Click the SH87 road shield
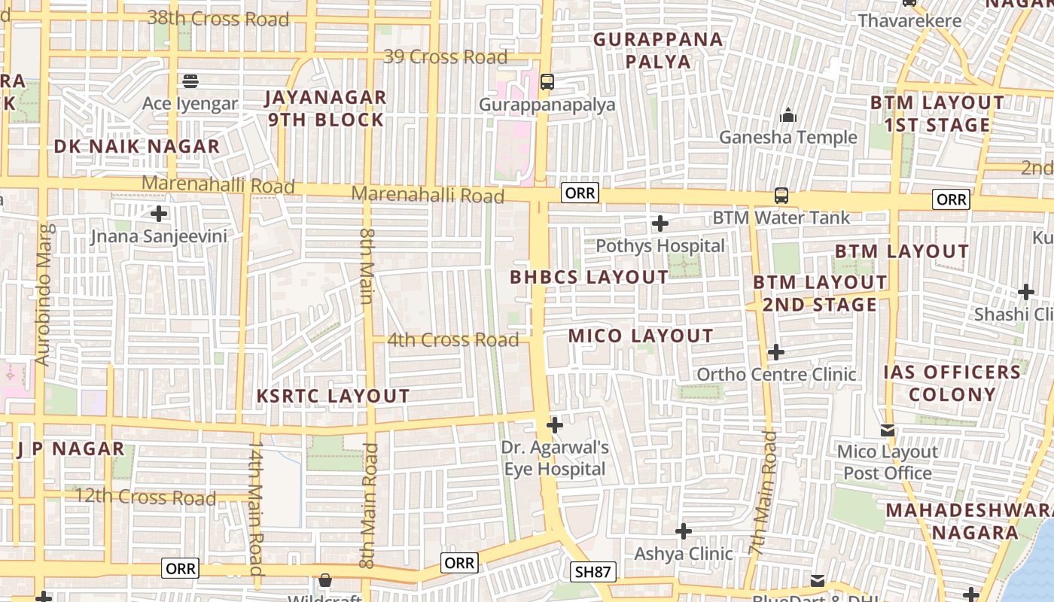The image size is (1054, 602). pos(592,572)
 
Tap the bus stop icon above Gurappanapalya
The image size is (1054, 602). pos(547,81)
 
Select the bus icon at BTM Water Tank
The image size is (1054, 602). pos(781,196)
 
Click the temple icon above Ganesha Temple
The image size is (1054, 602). pos(788,115)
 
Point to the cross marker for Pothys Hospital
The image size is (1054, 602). pos(660,223)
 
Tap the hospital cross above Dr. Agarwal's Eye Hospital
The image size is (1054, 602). pos(555,425)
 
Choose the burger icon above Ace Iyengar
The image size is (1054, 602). pos(190,81)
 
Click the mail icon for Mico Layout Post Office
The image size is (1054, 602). pos(888,430)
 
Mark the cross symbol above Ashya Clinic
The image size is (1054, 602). pos(683,532)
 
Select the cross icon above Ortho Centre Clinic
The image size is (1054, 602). pos(776,352)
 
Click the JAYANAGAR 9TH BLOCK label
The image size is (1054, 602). pos(326,108)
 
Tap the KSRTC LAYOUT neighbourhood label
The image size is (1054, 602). pos(334,397)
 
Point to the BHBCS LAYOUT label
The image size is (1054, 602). pos(589,277)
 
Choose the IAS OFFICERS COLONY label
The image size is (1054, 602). pos(952,383)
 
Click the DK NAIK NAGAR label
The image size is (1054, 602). pos(137,146)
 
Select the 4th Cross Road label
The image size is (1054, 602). pos(452,340)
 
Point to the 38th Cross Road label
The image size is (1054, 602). pos(218,19)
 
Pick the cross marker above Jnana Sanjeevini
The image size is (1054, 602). pos(159,213)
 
